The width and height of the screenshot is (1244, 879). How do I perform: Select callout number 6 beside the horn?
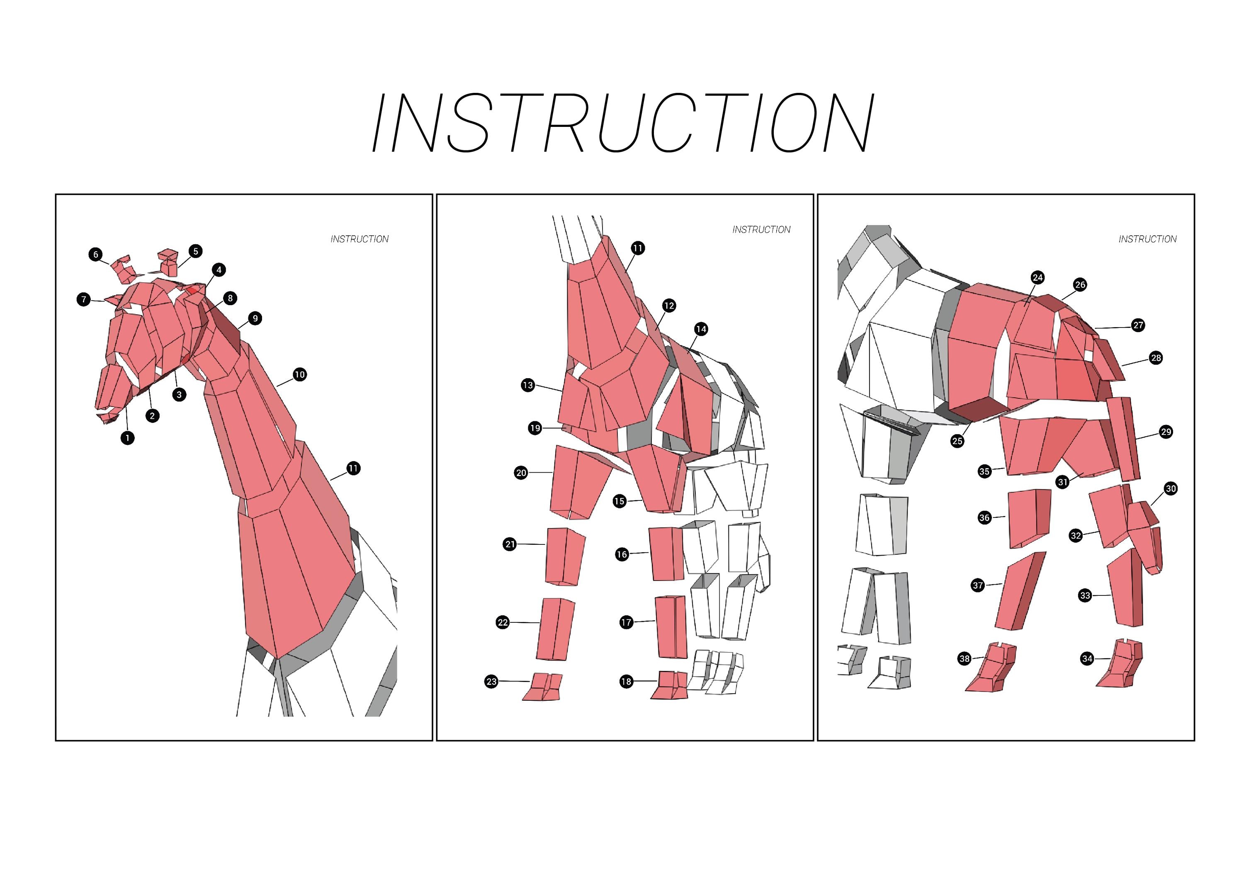(x=96, y=254)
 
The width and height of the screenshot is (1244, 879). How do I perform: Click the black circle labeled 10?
(x=300, y=374)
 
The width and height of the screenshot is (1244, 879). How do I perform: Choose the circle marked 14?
(x=701, y=329)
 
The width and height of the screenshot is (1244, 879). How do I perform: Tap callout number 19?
(x=535, y=428)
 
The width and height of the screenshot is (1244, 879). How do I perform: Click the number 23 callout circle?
(x=491, y=681)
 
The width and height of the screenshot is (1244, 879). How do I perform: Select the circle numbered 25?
(x=957, y=441)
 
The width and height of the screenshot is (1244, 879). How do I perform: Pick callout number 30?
(x=1171, y=488)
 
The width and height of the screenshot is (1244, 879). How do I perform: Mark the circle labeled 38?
(x=965, y=658)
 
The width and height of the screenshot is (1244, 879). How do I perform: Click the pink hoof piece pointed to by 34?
(x=1120, y=664)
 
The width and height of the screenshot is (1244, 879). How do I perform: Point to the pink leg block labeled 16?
(x=666, y=554)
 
